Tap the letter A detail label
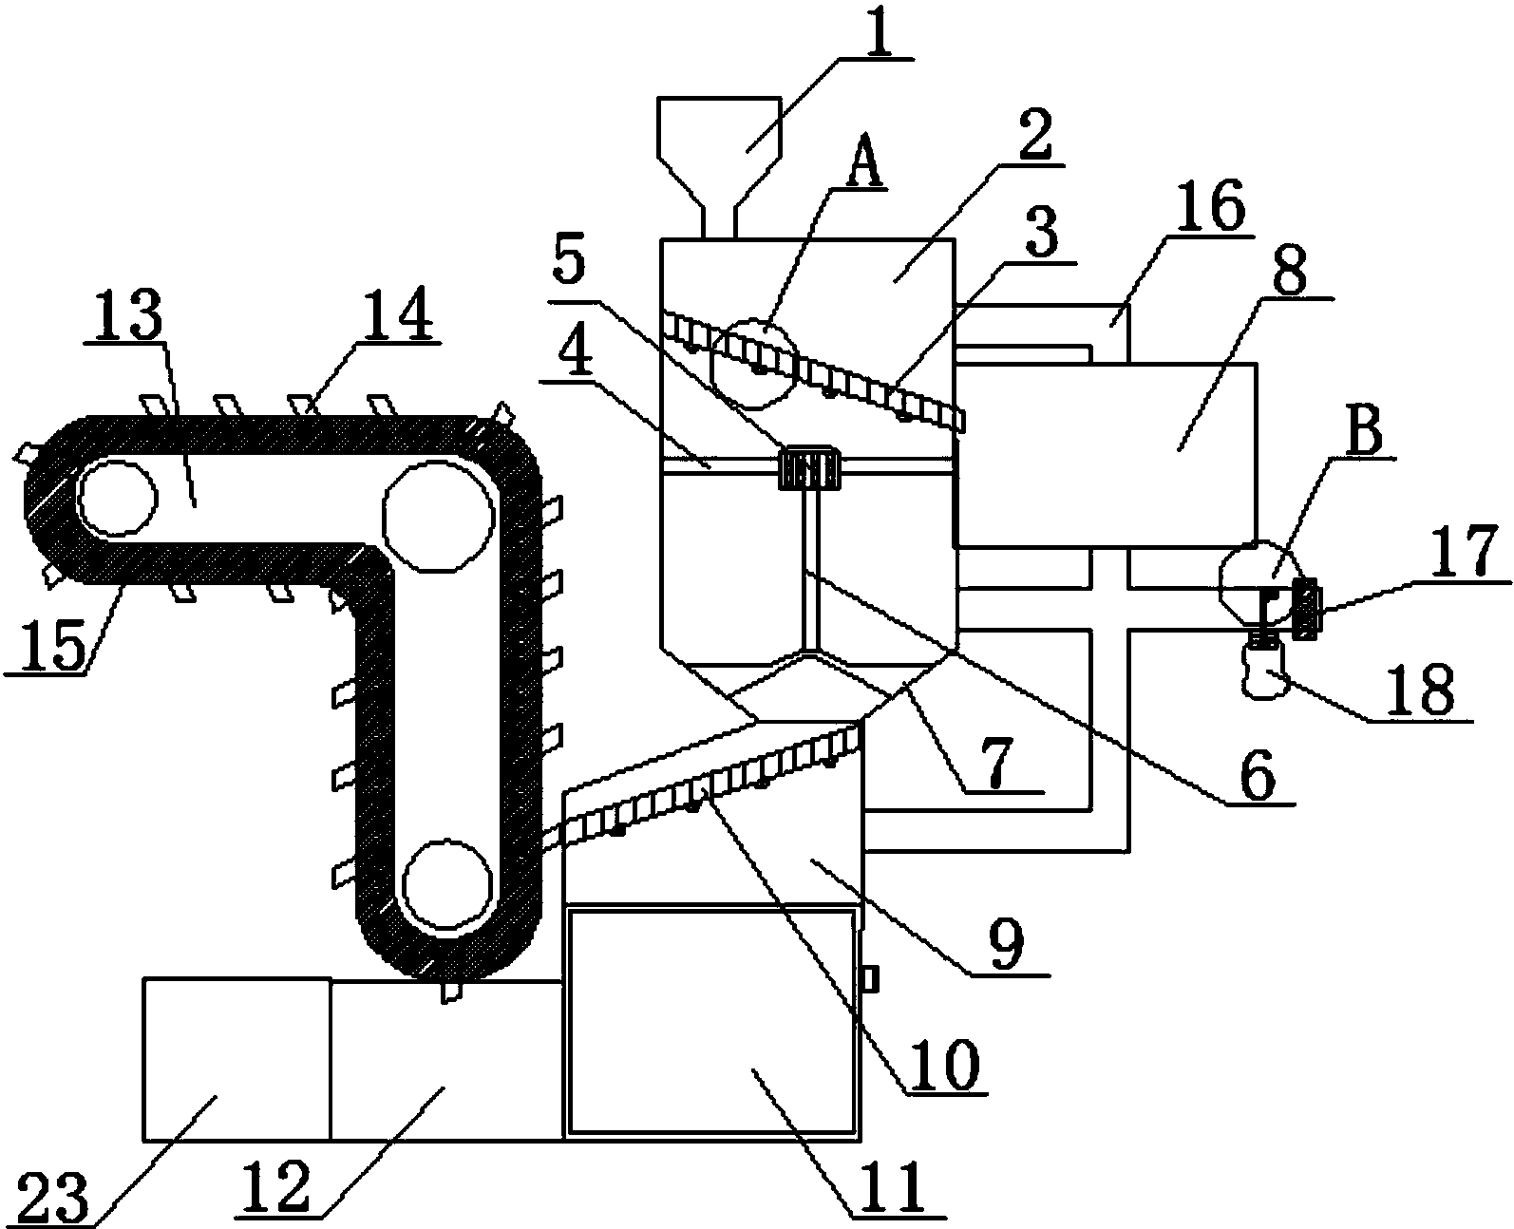pos(865,160)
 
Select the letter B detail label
pos(1363,431)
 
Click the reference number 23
pos(53,1197)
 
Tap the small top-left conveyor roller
pos(117,497)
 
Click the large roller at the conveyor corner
pos(437,516)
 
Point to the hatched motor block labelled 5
pos(809,467)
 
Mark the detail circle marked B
pos(1262,584)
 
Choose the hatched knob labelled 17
pos(1306,609)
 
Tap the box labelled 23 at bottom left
pos(237,1059)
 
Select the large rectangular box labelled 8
pos(1106,455)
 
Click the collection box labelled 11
pos(711,1021)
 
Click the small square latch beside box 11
pos(869,979)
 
